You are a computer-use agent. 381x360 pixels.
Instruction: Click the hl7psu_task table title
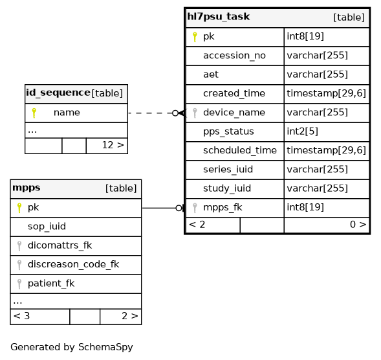pos(218,17)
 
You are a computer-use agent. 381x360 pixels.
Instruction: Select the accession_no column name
pos(234,56)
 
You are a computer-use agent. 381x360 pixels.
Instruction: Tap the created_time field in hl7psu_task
pos(234,93)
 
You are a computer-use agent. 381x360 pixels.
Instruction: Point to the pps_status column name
pos(228,131)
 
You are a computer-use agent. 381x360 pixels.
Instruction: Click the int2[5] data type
pos(302,131)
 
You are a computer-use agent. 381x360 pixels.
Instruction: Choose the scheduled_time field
pos(240,150)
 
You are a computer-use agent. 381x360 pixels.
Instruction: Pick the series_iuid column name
pos(228,169)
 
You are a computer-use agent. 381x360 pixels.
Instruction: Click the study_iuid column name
pos(227,188)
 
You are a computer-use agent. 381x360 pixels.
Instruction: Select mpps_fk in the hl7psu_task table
pos(223,207)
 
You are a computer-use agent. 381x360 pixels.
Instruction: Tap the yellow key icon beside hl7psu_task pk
pos(195,37)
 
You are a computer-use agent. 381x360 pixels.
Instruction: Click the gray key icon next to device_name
pos(195,113)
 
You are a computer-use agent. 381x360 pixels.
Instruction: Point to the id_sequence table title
pos(58,93)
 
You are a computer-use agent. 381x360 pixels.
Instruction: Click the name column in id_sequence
pos(67,113)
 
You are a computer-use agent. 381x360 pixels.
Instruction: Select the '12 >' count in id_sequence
pos(113,145)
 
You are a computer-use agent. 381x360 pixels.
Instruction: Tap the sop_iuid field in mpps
pos(47,227)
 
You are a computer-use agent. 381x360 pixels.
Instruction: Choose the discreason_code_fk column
pos(73,264)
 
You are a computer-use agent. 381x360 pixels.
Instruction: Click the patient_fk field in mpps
pos(51,284)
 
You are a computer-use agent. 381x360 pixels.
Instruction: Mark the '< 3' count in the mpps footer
pos(21,316)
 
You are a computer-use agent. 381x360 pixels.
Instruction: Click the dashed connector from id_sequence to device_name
pos(150,113)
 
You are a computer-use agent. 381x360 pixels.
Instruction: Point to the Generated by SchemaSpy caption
pos(72,347)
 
